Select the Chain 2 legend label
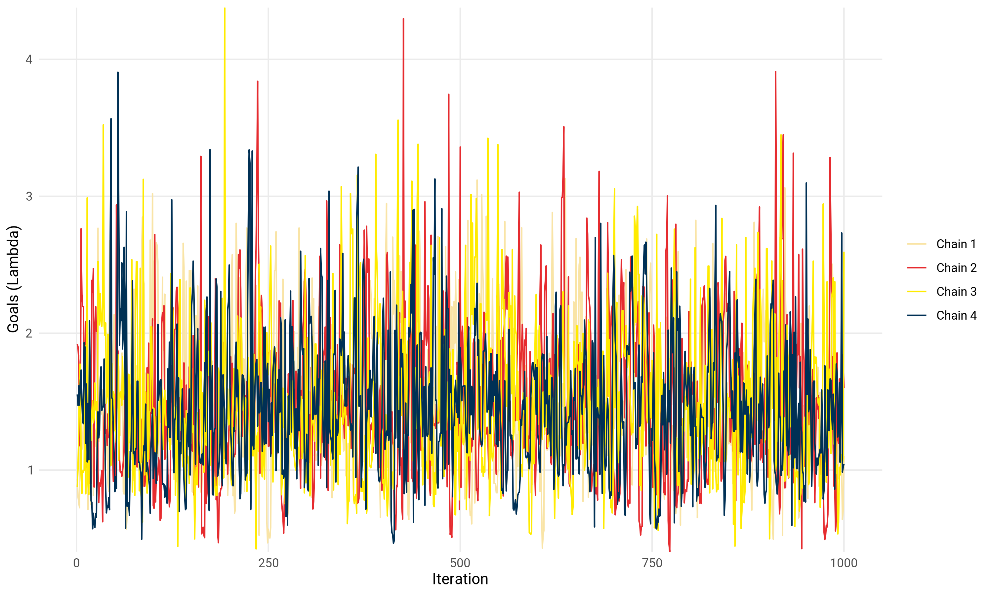[x=956, y=268]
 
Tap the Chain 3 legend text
[x=956, y=292]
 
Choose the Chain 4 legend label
[x=956, y=316]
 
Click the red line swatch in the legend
[x=917, y=268]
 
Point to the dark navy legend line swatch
[x=917, y=316]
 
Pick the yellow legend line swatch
[x=917, y=292]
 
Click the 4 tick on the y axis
[x=28, y=60]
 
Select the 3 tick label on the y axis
[x=28, y=196]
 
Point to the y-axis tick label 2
[x=28, y=333]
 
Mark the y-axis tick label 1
[x=29, y=470]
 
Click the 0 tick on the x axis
[x=77, y=563]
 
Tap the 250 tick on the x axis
[x=268, y=563]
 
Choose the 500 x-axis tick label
[x=460, y=563]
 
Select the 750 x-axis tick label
[x=652, y=563]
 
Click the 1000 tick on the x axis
[x=844, y=563]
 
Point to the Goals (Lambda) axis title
[x=13, y=279]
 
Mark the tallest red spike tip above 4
[x=403, y=19]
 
